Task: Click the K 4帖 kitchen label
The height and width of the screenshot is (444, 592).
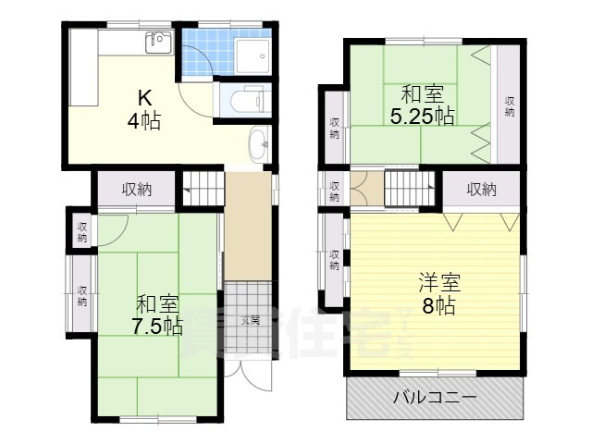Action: (x=145, y=109)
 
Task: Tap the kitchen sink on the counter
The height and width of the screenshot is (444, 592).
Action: (x=158, y=42)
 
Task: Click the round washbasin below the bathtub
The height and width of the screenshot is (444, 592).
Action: (x=258, y=143)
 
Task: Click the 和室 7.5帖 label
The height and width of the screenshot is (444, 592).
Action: (x=158, y=315)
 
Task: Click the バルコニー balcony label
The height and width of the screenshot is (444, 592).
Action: (x=434, y=399)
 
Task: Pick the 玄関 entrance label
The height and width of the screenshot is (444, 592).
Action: (x=250, y=320)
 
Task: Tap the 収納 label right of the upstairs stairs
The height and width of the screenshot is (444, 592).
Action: (x=481, y=190)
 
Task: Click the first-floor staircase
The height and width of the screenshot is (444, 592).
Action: (x=204, y=189)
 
